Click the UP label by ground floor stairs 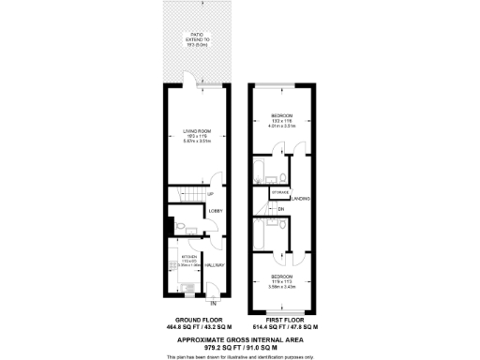[x=210, y=195]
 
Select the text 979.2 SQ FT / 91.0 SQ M [x=239, y=344]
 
